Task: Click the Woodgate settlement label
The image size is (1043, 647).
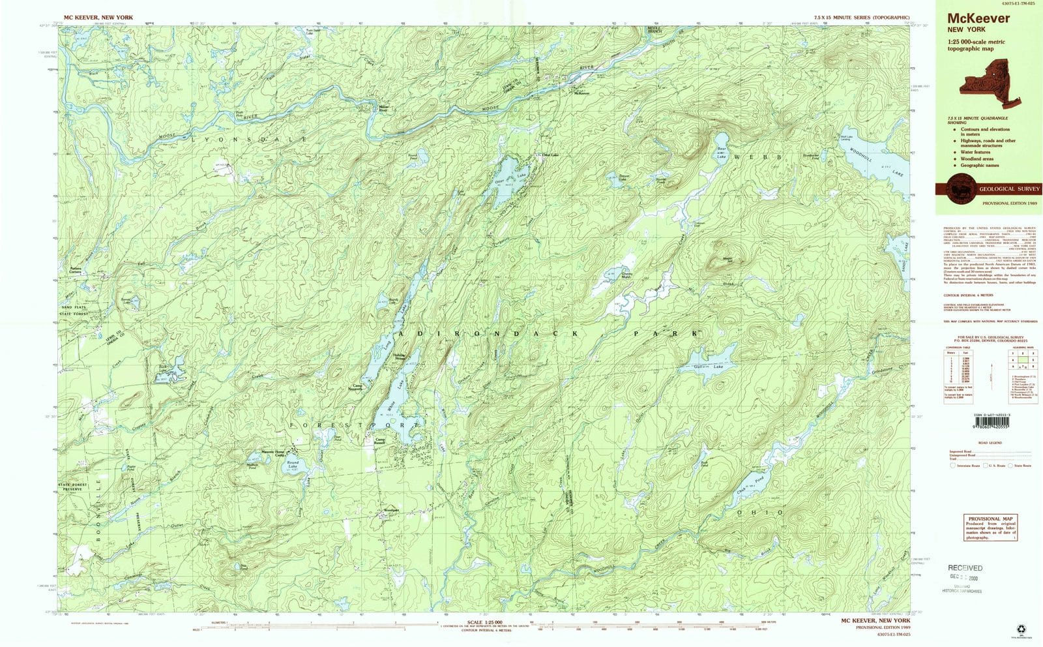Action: [390, 509]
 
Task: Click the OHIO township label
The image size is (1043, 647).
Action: [761, 513]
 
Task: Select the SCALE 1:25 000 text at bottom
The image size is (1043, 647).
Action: [483, 622]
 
